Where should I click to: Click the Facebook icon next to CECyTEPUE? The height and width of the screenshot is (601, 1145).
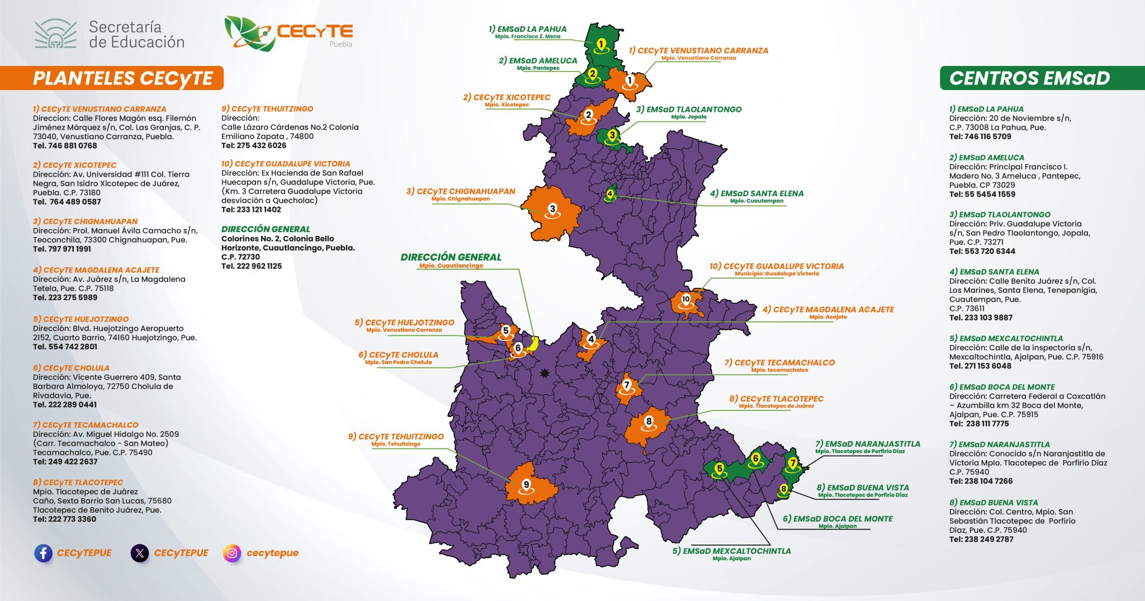coord(43,553)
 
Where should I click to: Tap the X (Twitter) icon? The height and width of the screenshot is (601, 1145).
coord(140,553)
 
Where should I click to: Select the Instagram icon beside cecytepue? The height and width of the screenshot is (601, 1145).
coord(232,553)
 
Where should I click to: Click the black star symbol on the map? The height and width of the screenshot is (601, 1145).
coord(544,373)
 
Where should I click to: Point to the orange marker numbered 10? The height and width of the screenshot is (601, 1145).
coord(686,300)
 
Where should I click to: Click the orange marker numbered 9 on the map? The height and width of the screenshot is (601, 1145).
coord(526,485)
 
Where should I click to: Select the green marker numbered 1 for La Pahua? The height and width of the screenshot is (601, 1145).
coord(601,44)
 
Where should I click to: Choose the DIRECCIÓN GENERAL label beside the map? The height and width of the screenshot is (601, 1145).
coord(451,257)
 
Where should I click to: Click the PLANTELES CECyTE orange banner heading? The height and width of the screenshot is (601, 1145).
coord(123,78)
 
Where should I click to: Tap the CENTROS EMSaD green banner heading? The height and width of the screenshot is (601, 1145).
coord(1029,78)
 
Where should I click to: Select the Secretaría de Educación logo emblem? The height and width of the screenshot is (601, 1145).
coord(55,34)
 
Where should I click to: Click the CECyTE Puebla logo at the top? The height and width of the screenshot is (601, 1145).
coord(288,33)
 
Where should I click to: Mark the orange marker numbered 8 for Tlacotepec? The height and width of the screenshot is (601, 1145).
coord(649,422)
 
